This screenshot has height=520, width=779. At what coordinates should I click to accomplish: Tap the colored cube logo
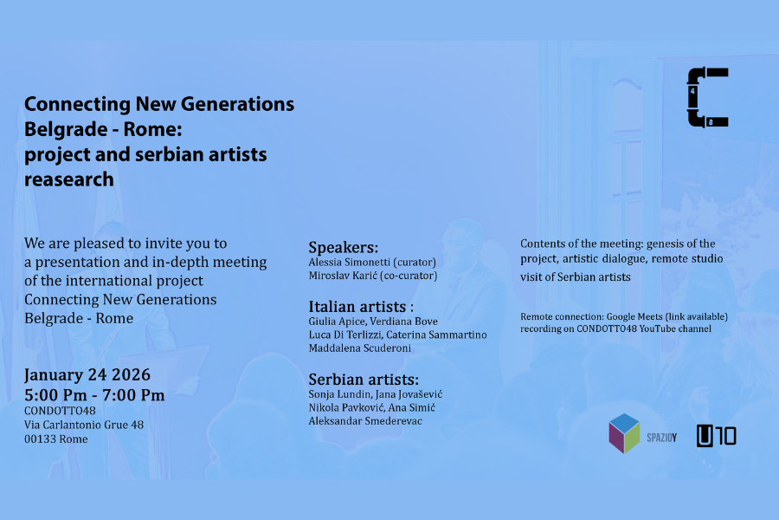624,433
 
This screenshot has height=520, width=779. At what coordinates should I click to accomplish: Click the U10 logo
716,436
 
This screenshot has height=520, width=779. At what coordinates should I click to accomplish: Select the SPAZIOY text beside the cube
661,438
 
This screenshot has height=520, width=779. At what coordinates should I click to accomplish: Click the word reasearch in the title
69,179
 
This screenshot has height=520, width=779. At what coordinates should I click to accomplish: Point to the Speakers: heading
344,247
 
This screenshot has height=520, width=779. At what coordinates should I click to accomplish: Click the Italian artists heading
361,307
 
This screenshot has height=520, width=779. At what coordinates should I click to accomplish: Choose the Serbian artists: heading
364,380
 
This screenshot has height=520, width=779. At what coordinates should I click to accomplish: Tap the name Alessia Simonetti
350,263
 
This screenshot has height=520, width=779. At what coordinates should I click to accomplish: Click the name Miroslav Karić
343,276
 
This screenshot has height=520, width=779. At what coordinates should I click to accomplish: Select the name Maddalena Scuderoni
360,348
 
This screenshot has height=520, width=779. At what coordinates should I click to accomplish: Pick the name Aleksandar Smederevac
365,421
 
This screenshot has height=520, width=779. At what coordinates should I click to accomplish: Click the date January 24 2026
87,374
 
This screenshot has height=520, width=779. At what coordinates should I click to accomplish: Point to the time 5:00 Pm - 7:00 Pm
94,395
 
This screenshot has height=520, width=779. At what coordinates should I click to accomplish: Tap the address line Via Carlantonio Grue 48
84,425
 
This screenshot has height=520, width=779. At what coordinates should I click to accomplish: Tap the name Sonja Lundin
339,394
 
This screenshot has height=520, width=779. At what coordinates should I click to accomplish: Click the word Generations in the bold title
237,104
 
